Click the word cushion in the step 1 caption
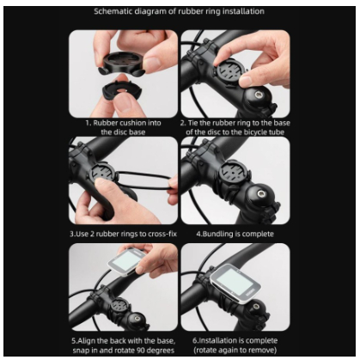click(132, 123)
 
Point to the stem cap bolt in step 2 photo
click(256, 94)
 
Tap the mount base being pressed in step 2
click(231, 70)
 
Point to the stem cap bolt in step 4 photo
click(261, 195)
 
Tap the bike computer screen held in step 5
click(127, 260)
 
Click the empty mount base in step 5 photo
click(120, 308)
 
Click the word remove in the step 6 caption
click(264, 350)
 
